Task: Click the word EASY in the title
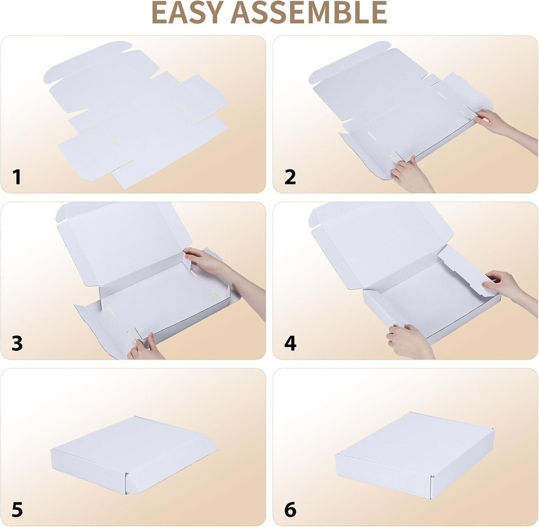(188, 12)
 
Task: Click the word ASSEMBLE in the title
(309, 12)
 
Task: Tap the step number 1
(16, 177)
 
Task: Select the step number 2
(290, 177)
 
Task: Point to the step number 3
(17, 343)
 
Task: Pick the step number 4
(290, 343)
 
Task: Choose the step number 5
(17, 510)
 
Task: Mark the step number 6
(290, 510)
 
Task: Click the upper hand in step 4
(509, 288)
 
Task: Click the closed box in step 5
(134, 455)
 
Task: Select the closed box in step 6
(415, 455)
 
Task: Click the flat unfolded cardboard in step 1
(136, 115)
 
